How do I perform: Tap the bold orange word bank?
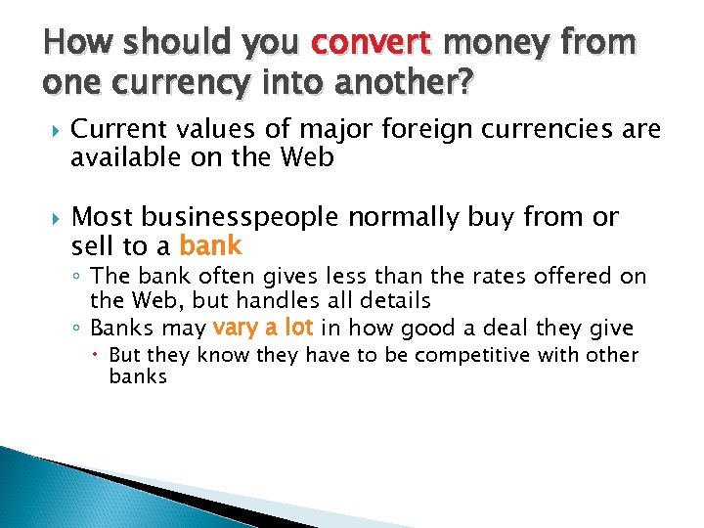tap(210, 244)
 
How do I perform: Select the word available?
tap(114, 157)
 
